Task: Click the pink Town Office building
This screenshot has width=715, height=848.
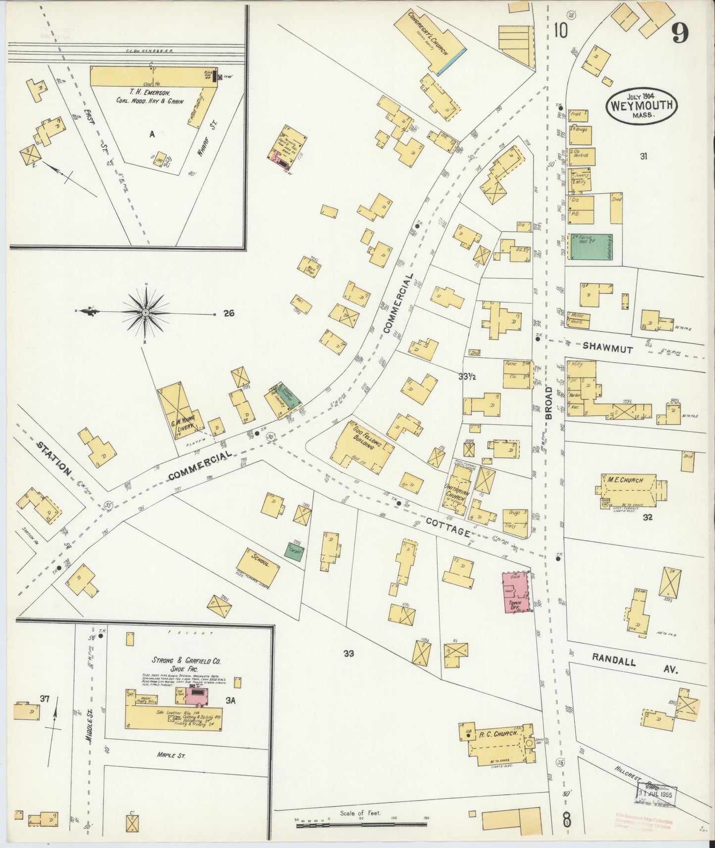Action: pos(516,593)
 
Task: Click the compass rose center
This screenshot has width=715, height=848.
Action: pos(146,313)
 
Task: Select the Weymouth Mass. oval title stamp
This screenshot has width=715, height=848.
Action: pos(642,105)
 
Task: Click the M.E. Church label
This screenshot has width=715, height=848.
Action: pos(625,480)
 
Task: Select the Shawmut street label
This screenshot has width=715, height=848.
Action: pos(607,349)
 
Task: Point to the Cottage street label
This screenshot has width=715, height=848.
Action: pos(447,526)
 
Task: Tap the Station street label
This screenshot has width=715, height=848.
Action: pos(54,458)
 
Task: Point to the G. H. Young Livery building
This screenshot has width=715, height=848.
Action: pos(181,414)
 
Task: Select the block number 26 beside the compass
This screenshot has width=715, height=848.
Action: pos(228,313)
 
